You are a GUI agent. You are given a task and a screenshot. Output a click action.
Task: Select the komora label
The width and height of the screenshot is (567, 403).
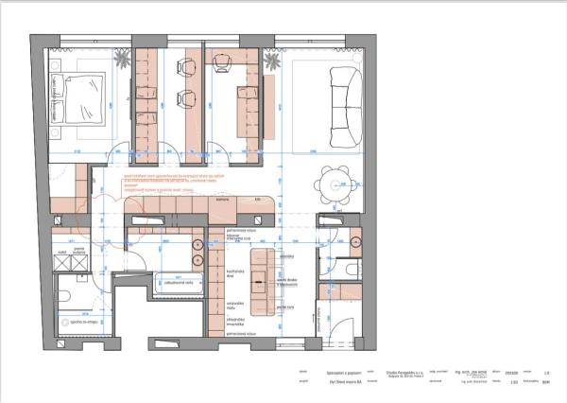pos(224,201)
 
